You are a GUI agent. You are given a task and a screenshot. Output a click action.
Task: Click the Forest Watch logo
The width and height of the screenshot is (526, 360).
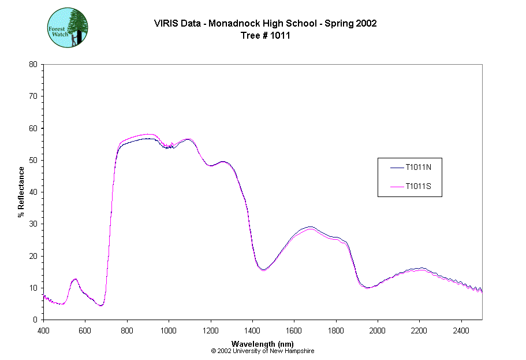68,27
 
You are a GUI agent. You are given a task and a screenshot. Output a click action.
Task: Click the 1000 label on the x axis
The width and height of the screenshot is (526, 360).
169,331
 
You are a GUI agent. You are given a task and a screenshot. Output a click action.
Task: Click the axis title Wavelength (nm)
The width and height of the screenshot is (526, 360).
263,343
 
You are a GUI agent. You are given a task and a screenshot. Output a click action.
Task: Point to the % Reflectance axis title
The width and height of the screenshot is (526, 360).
21,192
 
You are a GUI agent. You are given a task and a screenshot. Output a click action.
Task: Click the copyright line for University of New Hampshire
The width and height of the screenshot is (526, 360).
263,351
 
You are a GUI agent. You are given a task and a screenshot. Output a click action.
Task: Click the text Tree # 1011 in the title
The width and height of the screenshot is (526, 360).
265,35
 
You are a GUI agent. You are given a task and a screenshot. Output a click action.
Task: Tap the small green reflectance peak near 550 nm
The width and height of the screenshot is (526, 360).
74,279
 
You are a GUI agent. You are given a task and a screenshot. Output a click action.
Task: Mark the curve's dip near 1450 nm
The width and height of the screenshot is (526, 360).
263,269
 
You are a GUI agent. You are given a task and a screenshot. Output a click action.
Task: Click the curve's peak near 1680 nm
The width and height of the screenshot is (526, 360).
311,228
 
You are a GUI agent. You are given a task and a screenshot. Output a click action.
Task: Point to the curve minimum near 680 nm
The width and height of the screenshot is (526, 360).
101,305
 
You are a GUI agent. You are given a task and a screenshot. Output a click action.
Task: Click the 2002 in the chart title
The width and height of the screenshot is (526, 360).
365,24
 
